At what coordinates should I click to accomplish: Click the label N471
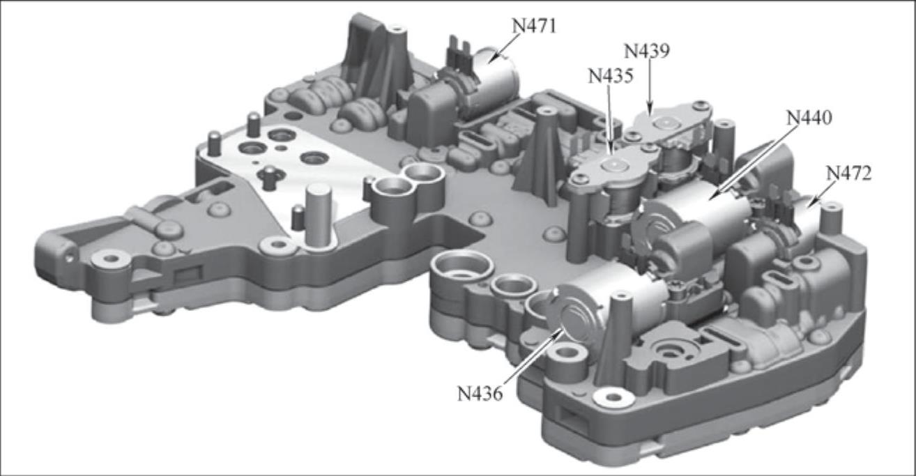pos(535,26)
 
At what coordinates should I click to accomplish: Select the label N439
pos(646,51)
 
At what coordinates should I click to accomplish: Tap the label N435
pos(611,76)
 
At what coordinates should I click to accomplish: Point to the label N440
pos(809,118)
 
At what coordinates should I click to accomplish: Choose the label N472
pos(849,174)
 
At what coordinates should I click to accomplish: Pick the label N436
pos(480,394)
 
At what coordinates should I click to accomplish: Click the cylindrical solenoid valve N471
pos(495,76)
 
